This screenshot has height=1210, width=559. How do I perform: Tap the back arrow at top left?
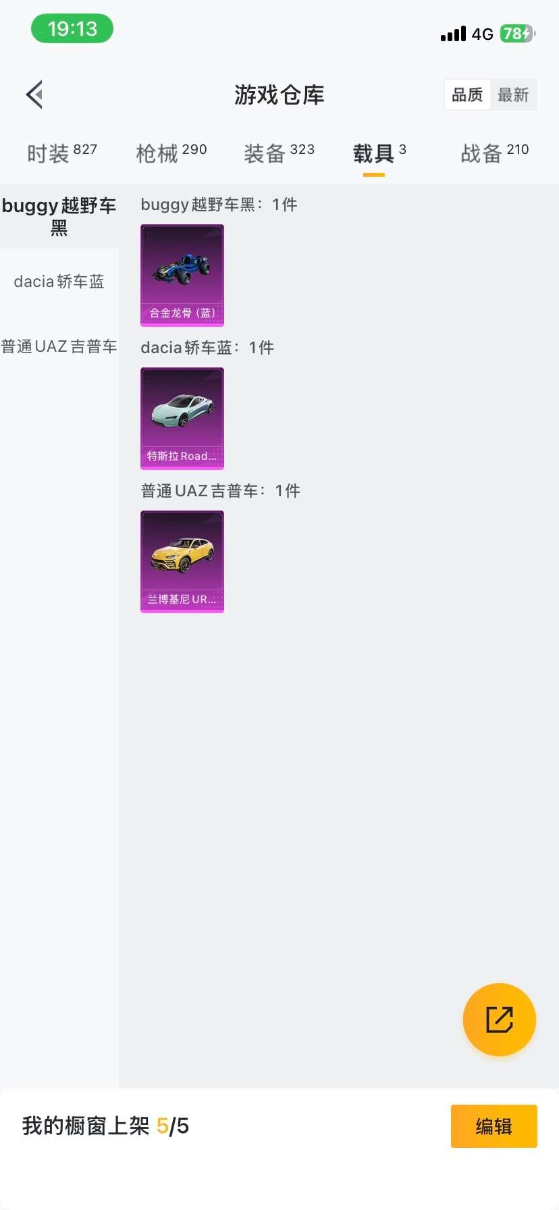[x=34, y=95]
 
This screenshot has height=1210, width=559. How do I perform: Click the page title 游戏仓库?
[x=279, y=95]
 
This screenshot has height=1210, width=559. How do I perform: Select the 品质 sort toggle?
[x=467, y=95]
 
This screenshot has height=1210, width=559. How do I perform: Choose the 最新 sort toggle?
[x=513, y=95]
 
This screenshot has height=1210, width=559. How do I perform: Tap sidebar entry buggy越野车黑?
[x=59, y=216]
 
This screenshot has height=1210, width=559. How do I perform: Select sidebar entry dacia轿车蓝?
[x=59, y=282]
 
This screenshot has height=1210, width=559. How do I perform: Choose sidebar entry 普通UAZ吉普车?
[x=59, y=346]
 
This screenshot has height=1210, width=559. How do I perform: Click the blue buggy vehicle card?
[x=182, y=275]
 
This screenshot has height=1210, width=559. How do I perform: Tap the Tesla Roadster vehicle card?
[x=182, y=419]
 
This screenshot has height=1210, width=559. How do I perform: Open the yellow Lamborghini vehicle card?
[x=182, y=562]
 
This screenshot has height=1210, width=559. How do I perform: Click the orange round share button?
[x=500, y=1020]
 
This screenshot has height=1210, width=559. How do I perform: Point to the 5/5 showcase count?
[x=173, y=1126]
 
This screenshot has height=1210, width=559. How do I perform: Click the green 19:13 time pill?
[x=72, y=29]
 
